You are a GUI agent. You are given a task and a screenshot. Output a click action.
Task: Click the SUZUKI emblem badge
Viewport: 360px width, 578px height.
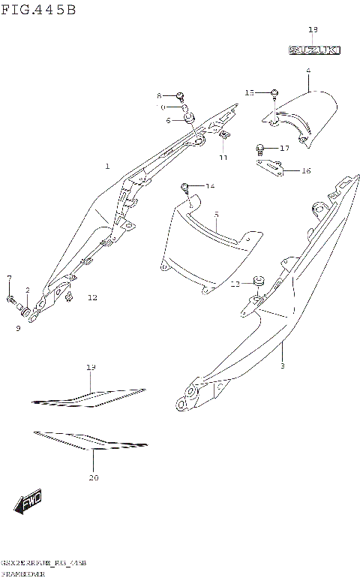click(x=314, y=50)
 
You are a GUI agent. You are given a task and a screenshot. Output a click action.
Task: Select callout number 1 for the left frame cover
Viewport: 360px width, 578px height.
click(x=107, y=166)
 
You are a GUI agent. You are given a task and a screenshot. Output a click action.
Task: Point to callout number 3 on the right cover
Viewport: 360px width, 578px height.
click(x=282, y=366)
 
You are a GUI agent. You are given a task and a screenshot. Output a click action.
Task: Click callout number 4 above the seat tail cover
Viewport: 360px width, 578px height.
click(x=307, y=71)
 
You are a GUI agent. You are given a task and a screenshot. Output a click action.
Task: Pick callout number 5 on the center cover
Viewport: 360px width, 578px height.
click(x=216, y=215)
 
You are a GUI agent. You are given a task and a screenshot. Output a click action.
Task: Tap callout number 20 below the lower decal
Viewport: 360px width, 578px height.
click(x=94, y=477)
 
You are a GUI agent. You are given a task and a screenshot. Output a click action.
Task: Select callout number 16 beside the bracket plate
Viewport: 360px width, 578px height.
click(x=306, y=171)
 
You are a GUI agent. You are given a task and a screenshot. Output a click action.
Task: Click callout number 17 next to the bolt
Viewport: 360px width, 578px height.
click(x=284, y=149)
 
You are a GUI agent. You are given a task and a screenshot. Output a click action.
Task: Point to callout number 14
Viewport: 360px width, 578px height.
click(x=210, y=185)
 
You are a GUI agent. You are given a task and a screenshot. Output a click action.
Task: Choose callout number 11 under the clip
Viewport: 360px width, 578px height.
click(x=223, y=158)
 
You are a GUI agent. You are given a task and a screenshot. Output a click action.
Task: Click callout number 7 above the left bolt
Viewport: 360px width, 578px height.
click(x=9, y=278)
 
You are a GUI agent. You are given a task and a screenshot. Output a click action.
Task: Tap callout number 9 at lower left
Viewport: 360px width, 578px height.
click(x=17, y=327)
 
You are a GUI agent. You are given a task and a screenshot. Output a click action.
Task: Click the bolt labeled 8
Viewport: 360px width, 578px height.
click(x=181, y=95)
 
